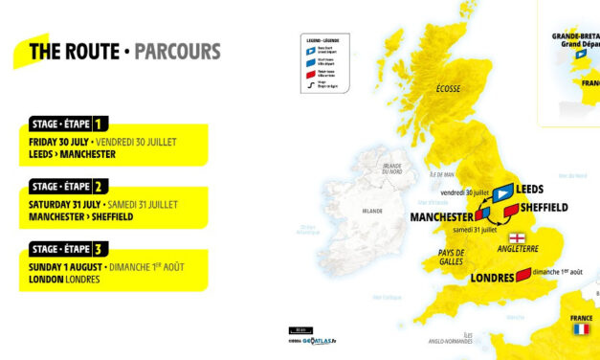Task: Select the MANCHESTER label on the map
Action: pyautogui.click(x=442, y=217)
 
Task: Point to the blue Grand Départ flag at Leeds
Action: pyautogui.click(x=502, y=190)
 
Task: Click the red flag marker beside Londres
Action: pyautogui.click(x=523, y=276)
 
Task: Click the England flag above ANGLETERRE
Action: pyautogui.click(x=518, y=237)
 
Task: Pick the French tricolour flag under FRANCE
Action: pyautogui.click(x=581, y=329)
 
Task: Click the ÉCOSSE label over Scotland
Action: pyautogui.click(x=447, y=89)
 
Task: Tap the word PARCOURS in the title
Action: pyautogui.click(x=177, y=51)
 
